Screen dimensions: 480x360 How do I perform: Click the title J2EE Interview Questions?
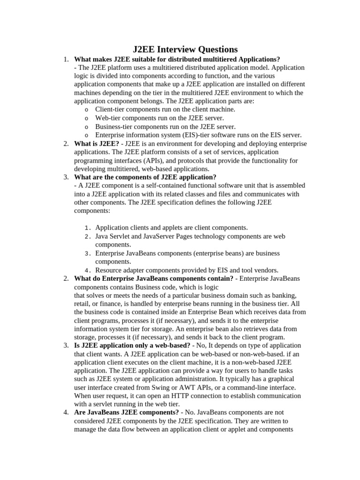click(x=185, y=49)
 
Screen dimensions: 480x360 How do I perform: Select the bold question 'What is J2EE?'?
click(x=97, y=143)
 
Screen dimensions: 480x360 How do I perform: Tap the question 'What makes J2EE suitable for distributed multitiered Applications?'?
click(x=177, y=59)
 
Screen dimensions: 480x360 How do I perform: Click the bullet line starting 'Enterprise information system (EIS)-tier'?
click(x=198, y=135)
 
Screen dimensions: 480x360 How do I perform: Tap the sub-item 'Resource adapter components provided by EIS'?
click(x=187, y=270)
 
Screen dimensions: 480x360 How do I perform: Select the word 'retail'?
click(x=82, y=304)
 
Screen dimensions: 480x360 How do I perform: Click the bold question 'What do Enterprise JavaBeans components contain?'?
click(x=153, y=278)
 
